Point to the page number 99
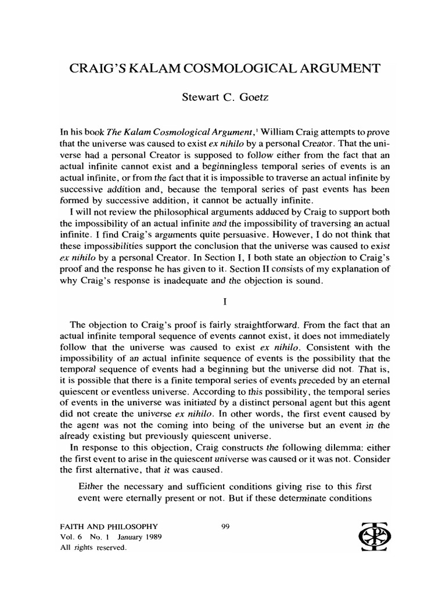(x=227, y=527)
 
